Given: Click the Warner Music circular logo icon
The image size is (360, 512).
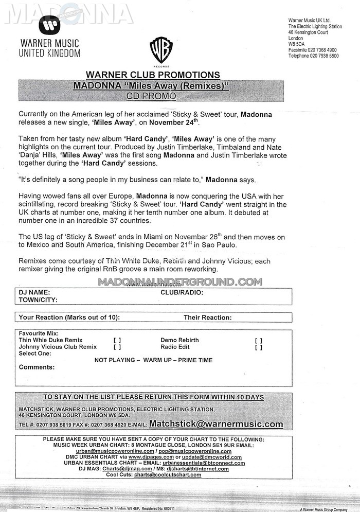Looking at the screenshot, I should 49,24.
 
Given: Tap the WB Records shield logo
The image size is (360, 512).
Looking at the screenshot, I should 161,50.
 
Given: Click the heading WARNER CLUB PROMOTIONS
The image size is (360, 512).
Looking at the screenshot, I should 153,75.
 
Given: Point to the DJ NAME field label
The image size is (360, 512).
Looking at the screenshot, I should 34,292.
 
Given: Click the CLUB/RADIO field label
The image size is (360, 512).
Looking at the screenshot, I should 182,292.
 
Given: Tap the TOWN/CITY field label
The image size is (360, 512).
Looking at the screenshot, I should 38,299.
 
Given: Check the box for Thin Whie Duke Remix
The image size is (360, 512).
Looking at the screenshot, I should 117,341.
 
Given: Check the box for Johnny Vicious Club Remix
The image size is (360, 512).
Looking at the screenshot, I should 117,347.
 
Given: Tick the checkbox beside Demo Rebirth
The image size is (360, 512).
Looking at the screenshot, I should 258,341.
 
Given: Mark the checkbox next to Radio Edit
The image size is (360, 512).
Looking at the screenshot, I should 258,347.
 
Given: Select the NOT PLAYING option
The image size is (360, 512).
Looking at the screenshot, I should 114,360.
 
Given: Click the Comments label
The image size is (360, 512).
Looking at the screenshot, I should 37,367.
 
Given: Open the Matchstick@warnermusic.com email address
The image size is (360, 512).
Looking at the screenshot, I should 216,425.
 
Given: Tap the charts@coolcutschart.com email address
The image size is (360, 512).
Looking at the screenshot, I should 168,474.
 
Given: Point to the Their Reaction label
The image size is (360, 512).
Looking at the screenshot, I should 208,317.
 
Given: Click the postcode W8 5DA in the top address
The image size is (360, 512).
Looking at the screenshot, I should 297,44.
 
